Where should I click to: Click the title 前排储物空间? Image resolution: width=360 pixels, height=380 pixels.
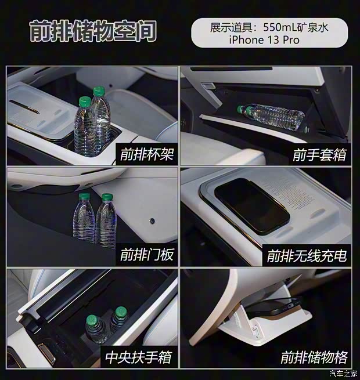[93, 32]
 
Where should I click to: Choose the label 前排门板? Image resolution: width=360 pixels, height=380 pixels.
[147, 255]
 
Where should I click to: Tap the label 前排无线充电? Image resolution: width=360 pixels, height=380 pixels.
[307, 255]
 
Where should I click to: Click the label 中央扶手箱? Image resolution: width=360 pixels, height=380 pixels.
[139, 356]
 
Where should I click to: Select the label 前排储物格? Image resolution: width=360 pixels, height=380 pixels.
[314, 356]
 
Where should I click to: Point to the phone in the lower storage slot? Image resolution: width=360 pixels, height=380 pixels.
[278, 307]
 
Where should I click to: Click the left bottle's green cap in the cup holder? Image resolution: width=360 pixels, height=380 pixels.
[85, 102]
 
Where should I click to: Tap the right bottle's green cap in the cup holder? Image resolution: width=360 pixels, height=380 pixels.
[99, 91]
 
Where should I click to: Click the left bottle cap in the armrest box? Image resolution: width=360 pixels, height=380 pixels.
[92, 320]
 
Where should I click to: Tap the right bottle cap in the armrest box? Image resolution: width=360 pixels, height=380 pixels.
[120, 311]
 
